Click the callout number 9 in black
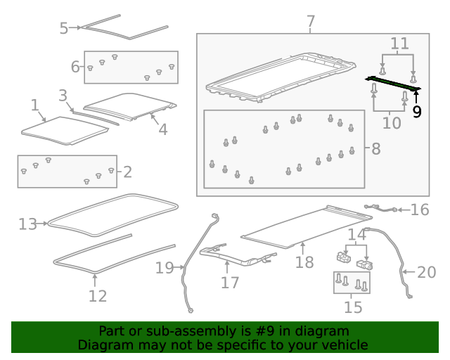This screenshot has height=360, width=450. (417, 111)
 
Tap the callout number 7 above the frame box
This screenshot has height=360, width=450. (311, 22)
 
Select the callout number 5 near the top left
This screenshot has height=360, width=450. (64, 28)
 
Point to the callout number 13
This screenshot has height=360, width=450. (27, 224)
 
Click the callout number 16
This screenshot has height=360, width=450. (419, 209)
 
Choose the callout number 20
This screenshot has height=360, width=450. (427, 272)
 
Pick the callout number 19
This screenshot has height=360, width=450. (164, 267)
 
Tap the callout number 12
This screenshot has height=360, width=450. (97, 296)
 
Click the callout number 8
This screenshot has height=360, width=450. (375, 149)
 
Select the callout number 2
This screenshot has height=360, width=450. (127, 171)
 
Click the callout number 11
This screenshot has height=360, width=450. (399, 44)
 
